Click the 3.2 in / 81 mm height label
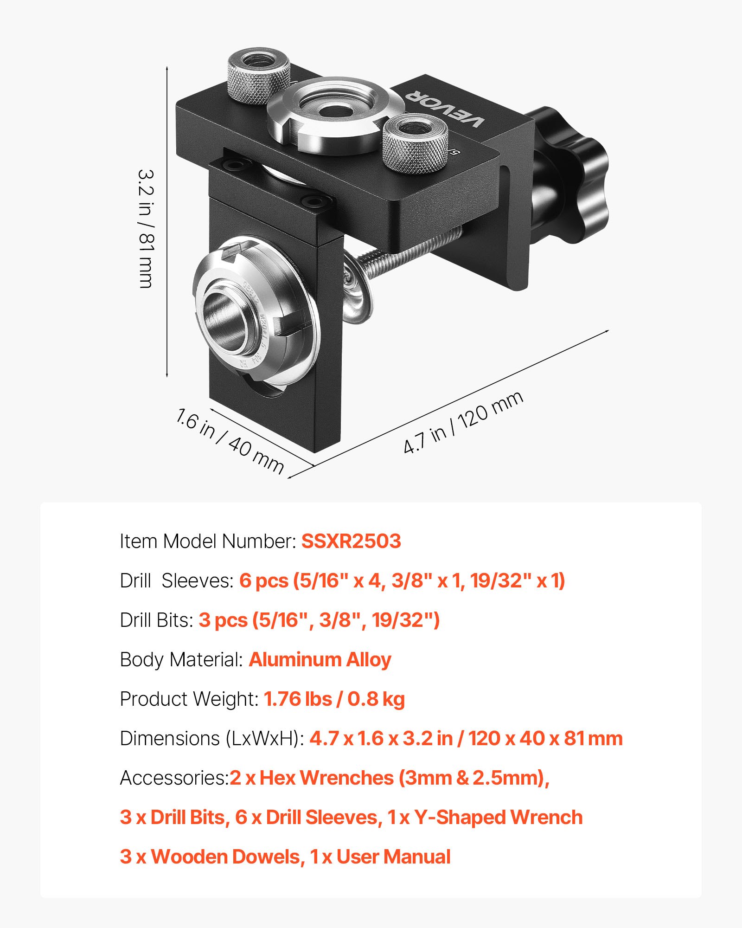click(x=146, y=228)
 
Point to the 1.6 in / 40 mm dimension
click(x=230, y=440)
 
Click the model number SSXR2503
click(x=351, y=541)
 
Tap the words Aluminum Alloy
click(x=320, y=659)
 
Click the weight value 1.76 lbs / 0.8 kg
click(x=334, y=699)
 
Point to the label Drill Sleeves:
click(x=176, y=580)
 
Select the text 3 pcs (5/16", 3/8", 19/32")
click(x=319, y=620)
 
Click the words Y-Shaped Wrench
click(x=499, y=817)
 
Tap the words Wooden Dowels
click(x=227, y=857)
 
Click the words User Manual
click(x=393, y=857)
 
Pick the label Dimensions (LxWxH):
click(x=211, y=738)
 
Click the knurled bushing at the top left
click(x=258, y=77)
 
